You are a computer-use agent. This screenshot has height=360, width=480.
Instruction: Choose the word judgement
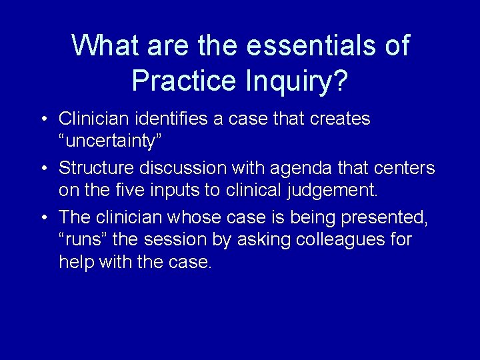pyautogui.click(x=333, y=190)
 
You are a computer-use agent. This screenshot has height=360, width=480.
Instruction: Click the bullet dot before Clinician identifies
pyautogui.click(x=42, y=119)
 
